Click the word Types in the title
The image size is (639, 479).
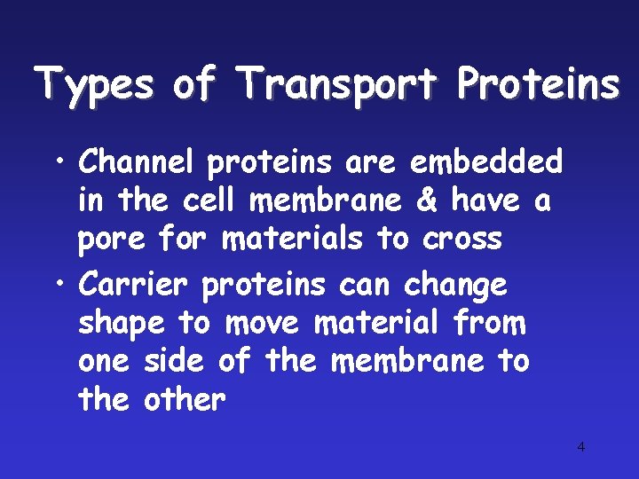[93, 85]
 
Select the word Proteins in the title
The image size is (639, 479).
[537, 85]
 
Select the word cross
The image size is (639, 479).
[462, 239]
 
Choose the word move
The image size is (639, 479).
[264, 324]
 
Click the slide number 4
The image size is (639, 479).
[581, 446]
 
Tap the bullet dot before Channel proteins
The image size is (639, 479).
[57, 163]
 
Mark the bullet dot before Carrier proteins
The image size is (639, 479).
[57, 286]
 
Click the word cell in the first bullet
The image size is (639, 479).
[211, 201]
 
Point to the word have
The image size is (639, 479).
[486, 201]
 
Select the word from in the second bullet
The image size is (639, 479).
[489, 324]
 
